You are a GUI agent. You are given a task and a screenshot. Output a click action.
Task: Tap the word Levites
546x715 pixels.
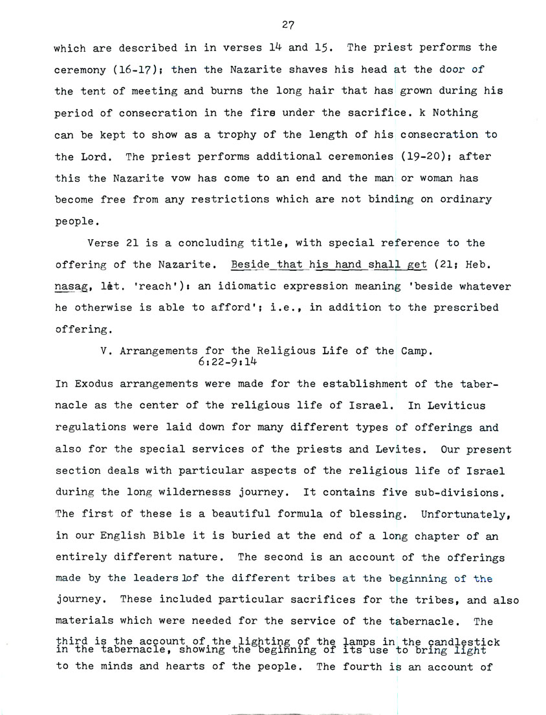pyautogui.click(x=404, y=449)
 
